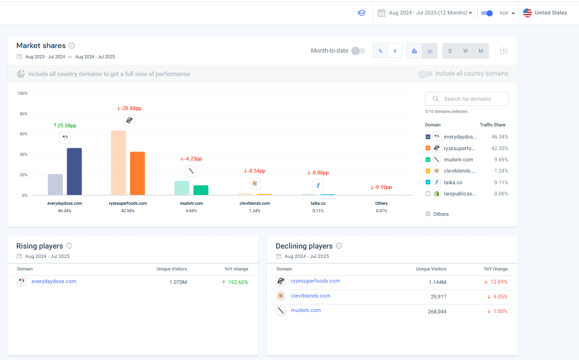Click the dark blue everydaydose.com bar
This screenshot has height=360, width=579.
coord(74,171)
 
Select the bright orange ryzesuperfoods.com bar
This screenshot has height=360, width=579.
coord(137,173)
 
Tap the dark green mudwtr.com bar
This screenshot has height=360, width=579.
coord(201,190)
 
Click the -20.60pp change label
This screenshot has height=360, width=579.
coord(129,108)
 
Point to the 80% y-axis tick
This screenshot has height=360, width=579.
coord(23,113)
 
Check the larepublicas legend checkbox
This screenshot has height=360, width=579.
coord(428,194)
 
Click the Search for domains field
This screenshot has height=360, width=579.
coord(467,99)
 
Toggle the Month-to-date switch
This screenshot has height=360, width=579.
coord(358,51)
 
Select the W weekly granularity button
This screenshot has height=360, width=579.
coord(465,51)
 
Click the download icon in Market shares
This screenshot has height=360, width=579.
coord(503,50)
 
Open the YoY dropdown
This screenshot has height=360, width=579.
coord(507,13)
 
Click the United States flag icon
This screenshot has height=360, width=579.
coord(527,13)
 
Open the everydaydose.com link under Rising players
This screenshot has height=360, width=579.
coord(54,281)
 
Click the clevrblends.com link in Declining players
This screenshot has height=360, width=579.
coord(310,296)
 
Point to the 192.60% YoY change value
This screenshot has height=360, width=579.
coord(238,282)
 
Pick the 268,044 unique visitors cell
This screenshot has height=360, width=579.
coord(437,312)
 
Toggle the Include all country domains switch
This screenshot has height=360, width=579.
coord(425,74)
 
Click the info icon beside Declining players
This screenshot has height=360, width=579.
coord(339,246)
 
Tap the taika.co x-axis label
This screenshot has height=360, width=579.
coord(318,203)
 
